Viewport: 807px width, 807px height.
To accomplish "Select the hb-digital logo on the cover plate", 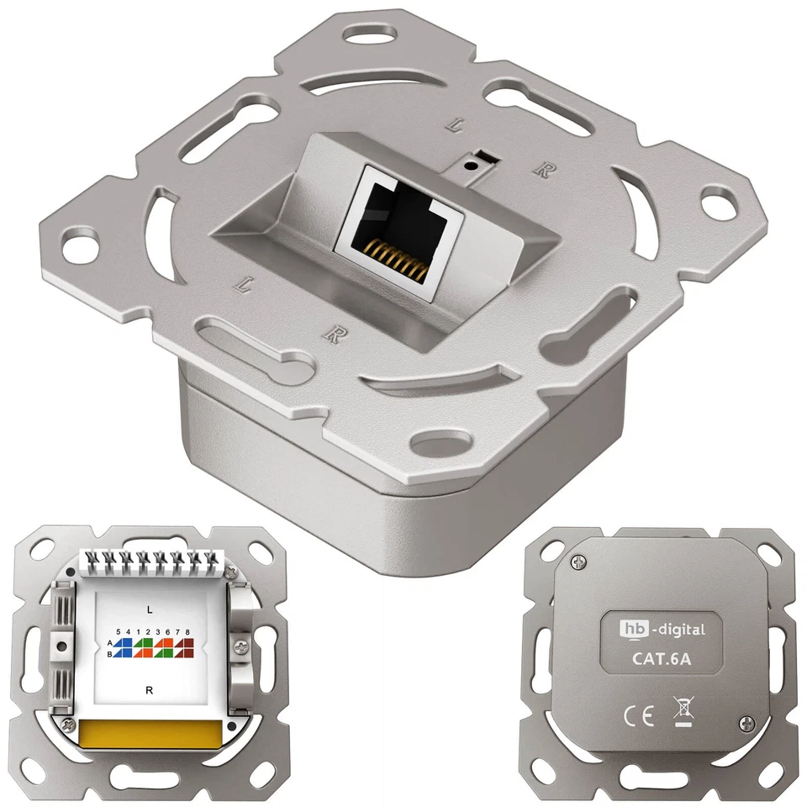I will click(662, 628).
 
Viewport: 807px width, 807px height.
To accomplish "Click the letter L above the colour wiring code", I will click(149, 607).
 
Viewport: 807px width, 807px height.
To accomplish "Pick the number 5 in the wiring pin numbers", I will click(119, 631).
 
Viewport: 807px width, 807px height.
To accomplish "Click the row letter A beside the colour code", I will click(109, 642).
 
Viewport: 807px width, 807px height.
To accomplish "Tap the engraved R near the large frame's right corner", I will click(542, 169).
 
